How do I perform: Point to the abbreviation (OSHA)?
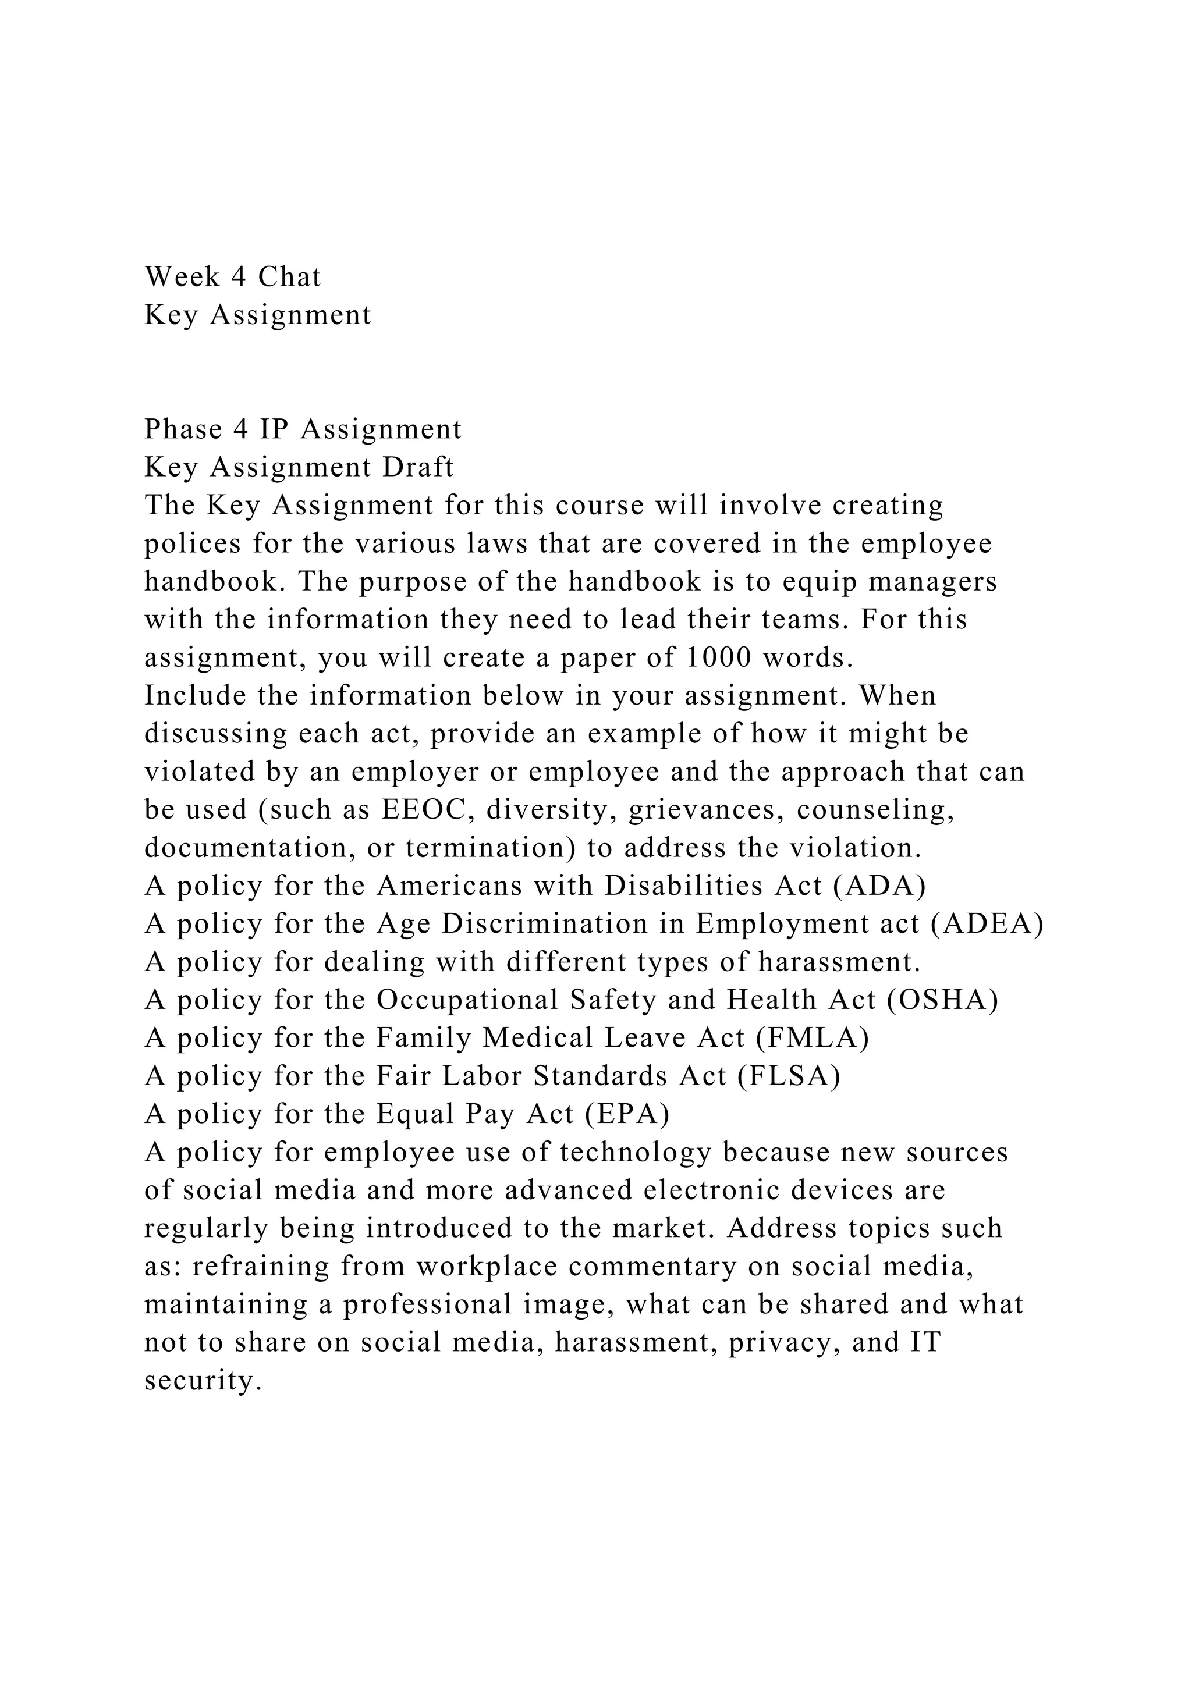(x=942, y=1000)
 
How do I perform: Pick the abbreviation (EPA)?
(x=627, y=1115)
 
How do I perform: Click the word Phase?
(x=183, y=429)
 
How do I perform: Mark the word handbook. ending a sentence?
(x=210, y=582)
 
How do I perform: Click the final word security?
(x=203, y=1382)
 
